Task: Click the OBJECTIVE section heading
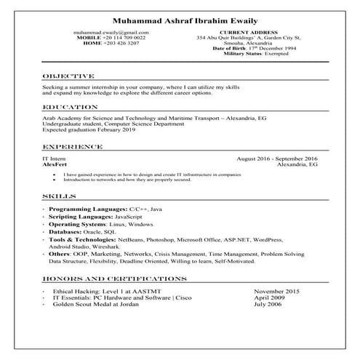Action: pos(68,76)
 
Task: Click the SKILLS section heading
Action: pos(58,197)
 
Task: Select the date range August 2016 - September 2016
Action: pos(277,159)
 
